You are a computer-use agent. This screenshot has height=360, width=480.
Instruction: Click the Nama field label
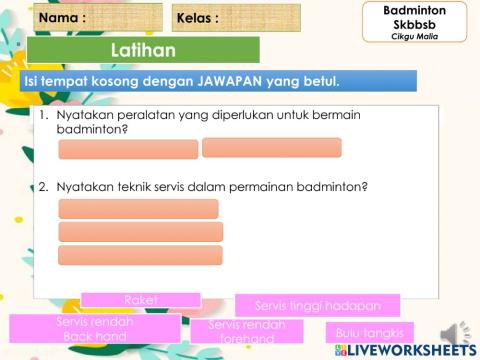[62, 18]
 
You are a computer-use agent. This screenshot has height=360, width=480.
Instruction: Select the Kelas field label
[197, 18]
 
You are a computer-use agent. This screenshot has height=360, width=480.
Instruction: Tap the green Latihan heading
[143, 50]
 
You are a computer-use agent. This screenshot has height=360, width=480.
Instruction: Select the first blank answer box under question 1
[128, 149]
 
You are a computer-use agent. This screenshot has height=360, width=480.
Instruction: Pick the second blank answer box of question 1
[271, 147]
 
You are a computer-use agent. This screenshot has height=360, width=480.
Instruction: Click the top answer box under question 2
[138, 209]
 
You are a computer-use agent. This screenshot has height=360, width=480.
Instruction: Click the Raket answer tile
[141, 299]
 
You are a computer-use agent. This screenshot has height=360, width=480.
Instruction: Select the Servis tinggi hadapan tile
[317, 304]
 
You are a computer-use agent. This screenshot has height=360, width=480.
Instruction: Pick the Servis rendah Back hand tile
[95, 329]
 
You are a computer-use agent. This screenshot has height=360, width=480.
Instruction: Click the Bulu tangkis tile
[369, 333]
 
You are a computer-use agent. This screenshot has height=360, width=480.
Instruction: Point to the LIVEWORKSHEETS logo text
[409, 352]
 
